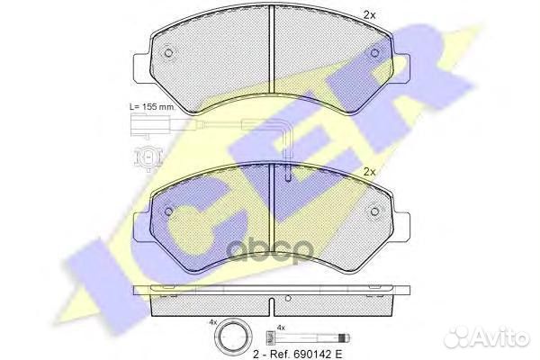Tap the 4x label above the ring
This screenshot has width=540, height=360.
[x=212, y=322]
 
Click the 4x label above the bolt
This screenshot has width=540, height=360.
[x=280, y=328]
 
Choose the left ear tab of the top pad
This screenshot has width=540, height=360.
[x=142, y=67]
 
